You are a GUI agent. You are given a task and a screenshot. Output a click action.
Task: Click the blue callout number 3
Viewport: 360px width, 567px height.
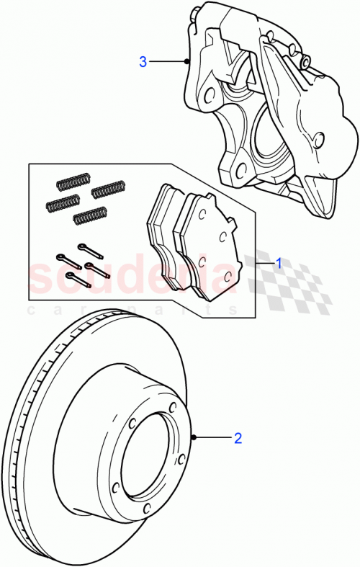coord(143,62)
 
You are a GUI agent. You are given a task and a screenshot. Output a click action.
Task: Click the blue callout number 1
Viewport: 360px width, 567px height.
coord(279,264)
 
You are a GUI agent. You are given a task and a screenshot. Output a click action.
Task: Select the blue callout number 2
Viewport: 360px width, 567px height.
coord(237,437)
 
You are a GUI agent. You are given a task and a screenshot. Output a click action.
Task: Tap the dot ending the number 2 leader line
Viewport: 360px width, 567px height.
coord(194,437)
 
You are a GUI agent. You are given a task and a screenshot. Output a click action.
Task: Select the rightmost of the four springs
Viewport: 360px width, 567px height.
coord(108,189)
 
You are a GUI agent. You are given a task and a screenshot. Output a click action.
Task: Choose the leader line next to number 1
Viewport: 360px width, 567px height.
coord(264,264)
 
